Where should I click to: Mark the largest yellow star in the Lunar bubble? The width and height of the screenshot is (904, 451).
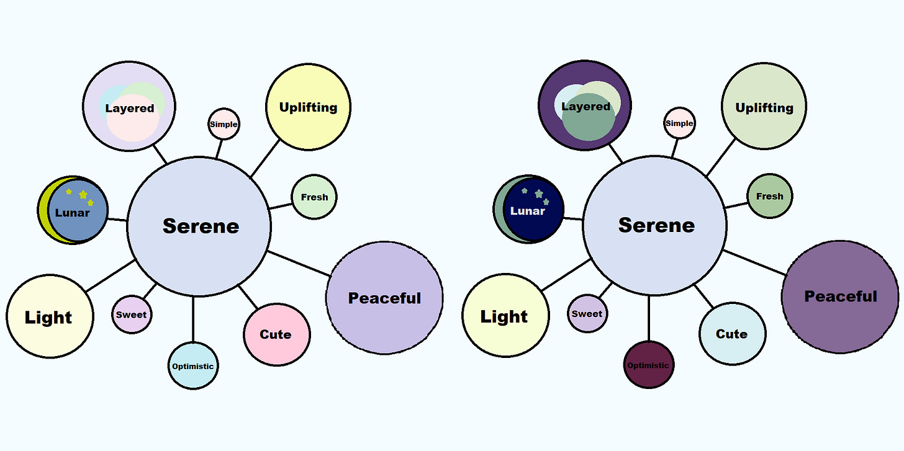(83, 195)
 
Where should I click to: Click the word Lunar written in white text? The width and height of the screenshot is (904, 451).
(528, 211)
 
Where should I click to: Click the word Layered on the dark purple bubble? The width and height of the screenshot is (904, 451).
(585, 107)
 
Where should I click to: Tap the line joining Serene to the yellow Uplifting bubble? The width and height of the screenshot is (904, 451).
(265, 159)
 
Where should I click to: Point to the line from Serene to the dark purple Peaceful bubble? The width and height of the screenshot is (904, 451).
(755, 262)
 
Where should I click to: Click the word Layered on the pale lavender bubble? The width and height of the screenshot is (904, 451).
(129, 109)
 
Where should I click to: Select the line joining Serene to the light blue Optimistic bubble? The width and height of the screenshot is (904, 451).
(194, 319)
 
